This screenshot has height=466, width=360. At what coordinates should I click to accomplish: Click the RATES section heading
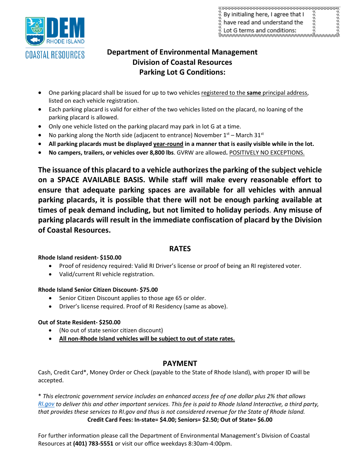pos(180,249)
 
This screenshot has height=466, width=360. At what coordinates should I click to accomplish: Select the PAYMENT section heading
pos(180,363)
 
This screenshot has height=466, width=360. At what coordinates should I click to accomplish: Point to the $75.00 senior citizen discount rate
pos(149,290)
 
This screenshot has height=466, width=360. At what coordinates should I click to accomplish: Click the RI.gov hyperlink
pos(46,404)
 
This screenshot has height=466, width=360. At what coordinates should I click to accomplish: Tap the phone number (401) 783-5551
pos(93,444)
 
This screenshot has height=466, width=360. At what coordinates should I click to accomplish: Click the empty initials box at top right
pos(326,22)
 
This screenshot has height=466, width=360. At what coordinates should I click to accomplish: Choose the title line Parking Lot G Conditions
pos(182,72)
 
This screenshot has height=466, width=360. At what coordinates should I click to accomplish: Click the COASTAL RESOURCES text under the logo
pos(55,55)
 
